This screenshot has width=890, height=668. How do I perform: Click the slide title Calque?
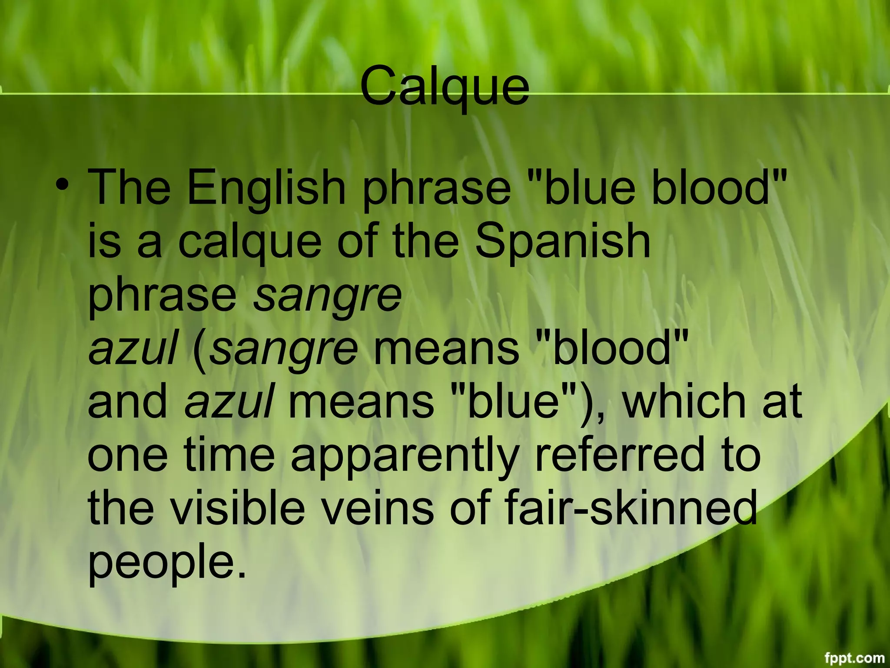[x=445, y=87]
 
